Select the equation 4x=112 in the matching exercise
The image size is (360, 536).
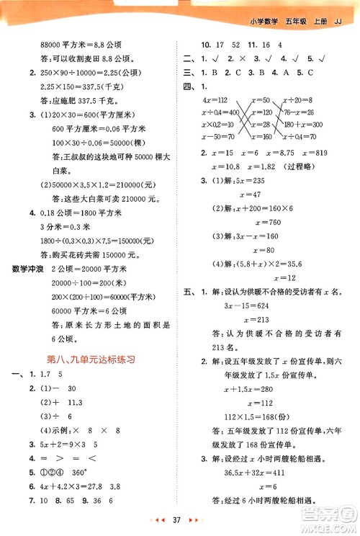point(216,99)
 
